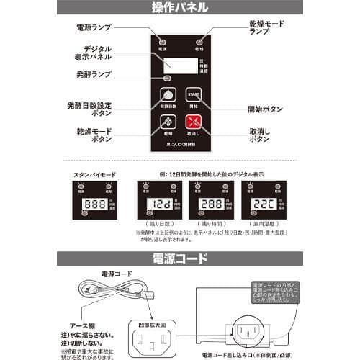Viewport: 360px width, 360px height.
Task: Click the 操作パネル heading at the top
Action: [180, 9]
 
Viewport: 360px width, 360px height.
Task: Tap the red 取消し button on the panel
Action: [192, 124]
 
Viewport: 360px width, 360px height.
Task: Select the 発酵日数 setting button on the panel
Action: [167, 96]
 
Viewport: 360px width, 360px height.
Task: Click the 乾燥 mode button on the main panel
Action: [167, 124]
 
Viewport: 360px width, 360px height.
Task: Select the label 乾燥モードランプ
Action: [266, 28]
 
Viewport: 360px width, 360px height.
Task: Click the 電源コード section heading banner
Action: [180, 256]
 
